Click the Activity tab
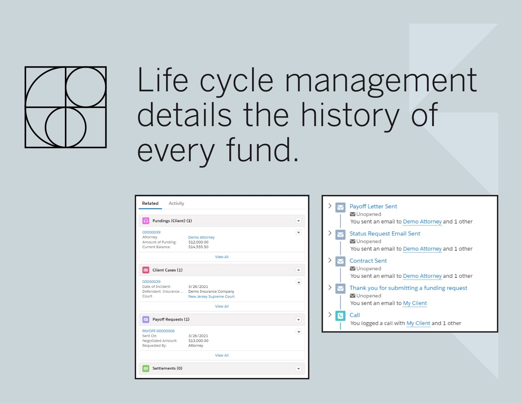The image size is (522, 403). pos(176,203)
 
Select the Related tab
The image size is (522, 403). pos(150,203)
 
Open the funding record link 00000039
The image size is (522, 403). pos(151,232)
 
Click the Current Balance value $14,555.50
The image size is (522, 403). pos(198,247)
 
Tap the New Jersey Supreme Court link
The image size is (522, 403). pos(211,296)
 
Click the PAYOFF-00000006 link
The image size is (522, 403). pos(158,331)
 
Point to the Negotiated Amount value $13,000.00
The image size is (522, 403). pos(198,341)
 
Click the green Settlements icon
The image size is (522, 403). pos(146,369)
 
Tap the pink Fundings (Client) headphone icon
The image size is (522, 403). pos(146,221)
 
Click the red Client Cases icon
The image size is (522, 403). pos(146,270)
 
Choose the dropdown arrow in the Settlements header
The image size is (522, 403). pos(298,369)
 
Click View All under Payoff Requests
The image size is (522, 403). pos(222,355)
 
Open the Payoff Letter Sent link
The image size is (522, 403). pos(373,206)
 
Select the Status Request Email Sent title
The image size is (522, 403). pos(385,234)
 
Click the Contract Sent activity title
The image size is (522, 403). pos(368,261)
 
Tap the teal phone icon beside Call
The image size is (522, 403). pos(340,316)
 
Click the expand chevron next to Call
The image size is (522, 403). pos(330,314)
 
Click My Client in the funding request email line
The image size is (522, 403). pos(415,303)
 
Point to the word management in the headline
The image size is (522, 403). pos(381,81)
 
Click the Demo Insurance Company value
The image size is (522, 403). pos(211,291)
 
